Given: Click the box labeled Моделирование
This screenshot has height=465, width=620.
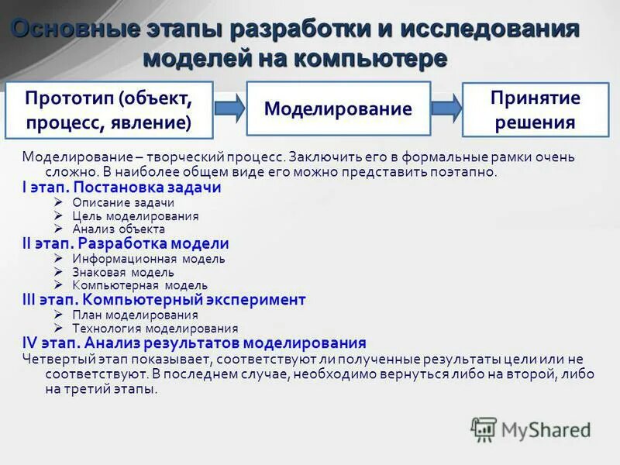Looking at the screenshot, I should tap(338, 108).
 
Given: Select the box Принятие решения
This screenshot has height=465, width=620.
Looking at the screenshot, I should tap(536, 109).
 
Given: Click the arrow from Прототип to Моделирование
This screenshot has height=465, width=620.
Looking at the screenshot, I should tap(229, 108).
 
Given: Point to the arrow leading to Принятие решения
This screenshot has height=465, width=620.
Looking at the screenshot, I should tap(446, 108).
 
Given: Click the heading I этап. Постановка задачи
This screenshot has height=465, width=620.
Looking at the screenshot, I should tap(122, 188).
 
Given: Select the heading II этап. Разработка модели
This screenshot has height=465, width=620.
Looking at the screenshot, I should tap(126, 243).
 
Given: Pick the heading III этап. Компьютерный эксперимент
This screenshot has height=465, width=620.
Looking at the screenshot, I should tap(164, 299).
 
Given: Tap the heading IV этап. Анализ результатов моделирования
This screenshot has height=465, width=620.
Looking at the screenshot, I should tap(194, 342).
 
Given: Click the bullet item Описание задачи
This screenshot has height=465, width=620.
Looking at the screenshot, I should tap(124, 202).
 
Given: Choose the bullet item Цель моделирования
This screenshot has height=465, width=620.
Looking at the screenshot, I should tap(136, 216).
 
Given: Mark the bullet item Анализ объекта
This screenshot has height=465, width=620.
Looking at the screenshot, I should tap(119, 229).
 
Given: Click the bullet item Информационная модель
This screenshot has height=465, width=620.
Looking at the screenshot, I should tap(149, 258).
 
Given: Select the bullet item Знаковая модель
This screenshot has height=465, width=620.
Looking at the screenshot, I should tap(123, 272).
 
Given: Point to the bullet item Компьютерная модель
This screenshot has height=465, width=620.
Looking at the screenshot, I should tap(139, 286).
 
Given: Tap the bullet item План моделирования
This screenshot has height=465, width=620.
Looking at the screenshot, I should tap(135, 315).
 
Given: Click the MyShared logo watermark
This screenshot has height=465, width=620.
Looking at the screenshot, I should tap(531, 429).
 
